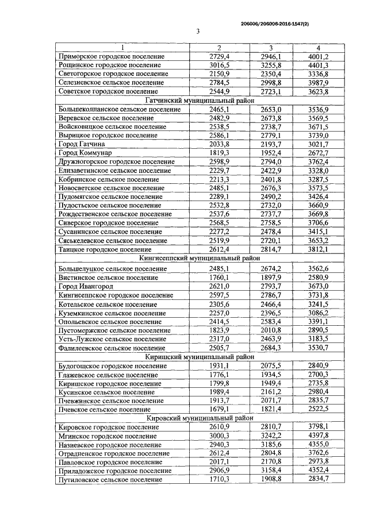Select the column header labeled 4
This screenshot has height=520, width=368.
[317, 48]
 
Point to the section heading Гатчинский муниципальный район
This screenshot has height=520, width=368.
[197, 100]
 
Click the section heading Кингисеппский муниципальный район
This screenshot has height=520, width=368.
[197, 259]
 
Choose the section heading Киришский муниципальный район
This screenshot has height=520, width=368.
[197, 357]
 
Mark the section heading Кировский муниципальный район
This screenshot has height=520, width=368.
[197, 418]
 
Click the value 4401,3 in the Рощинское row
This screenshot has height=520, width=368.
[317, 66]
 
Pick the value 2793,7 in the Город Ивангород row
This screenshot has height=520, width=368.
[271, 286]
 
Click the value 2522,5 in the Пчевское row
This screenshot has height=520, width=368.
[317, 409]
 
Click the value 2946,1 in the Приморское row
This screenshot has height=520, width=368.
[271, 57]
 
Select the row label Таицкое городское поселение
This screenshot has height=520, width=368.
[106, 250]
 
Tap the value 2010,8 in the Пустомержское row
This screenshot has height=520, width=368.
[271, 330]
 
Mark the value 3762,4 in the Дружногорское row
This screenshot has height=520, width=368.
[317, 161]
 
